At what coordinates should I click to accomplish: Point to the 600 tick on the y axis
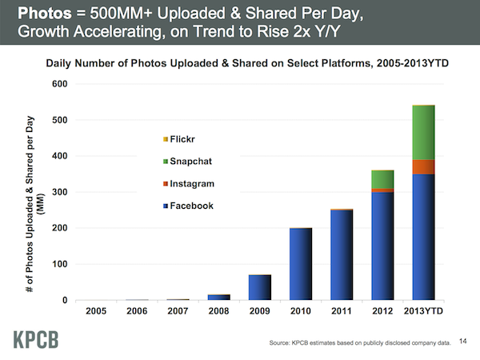[x=60, y=84]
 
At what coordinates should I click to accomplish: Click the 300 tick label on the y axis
[x=60, y=192]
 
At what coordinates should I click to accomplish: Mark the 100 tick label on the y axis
[x=60, y=264]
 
